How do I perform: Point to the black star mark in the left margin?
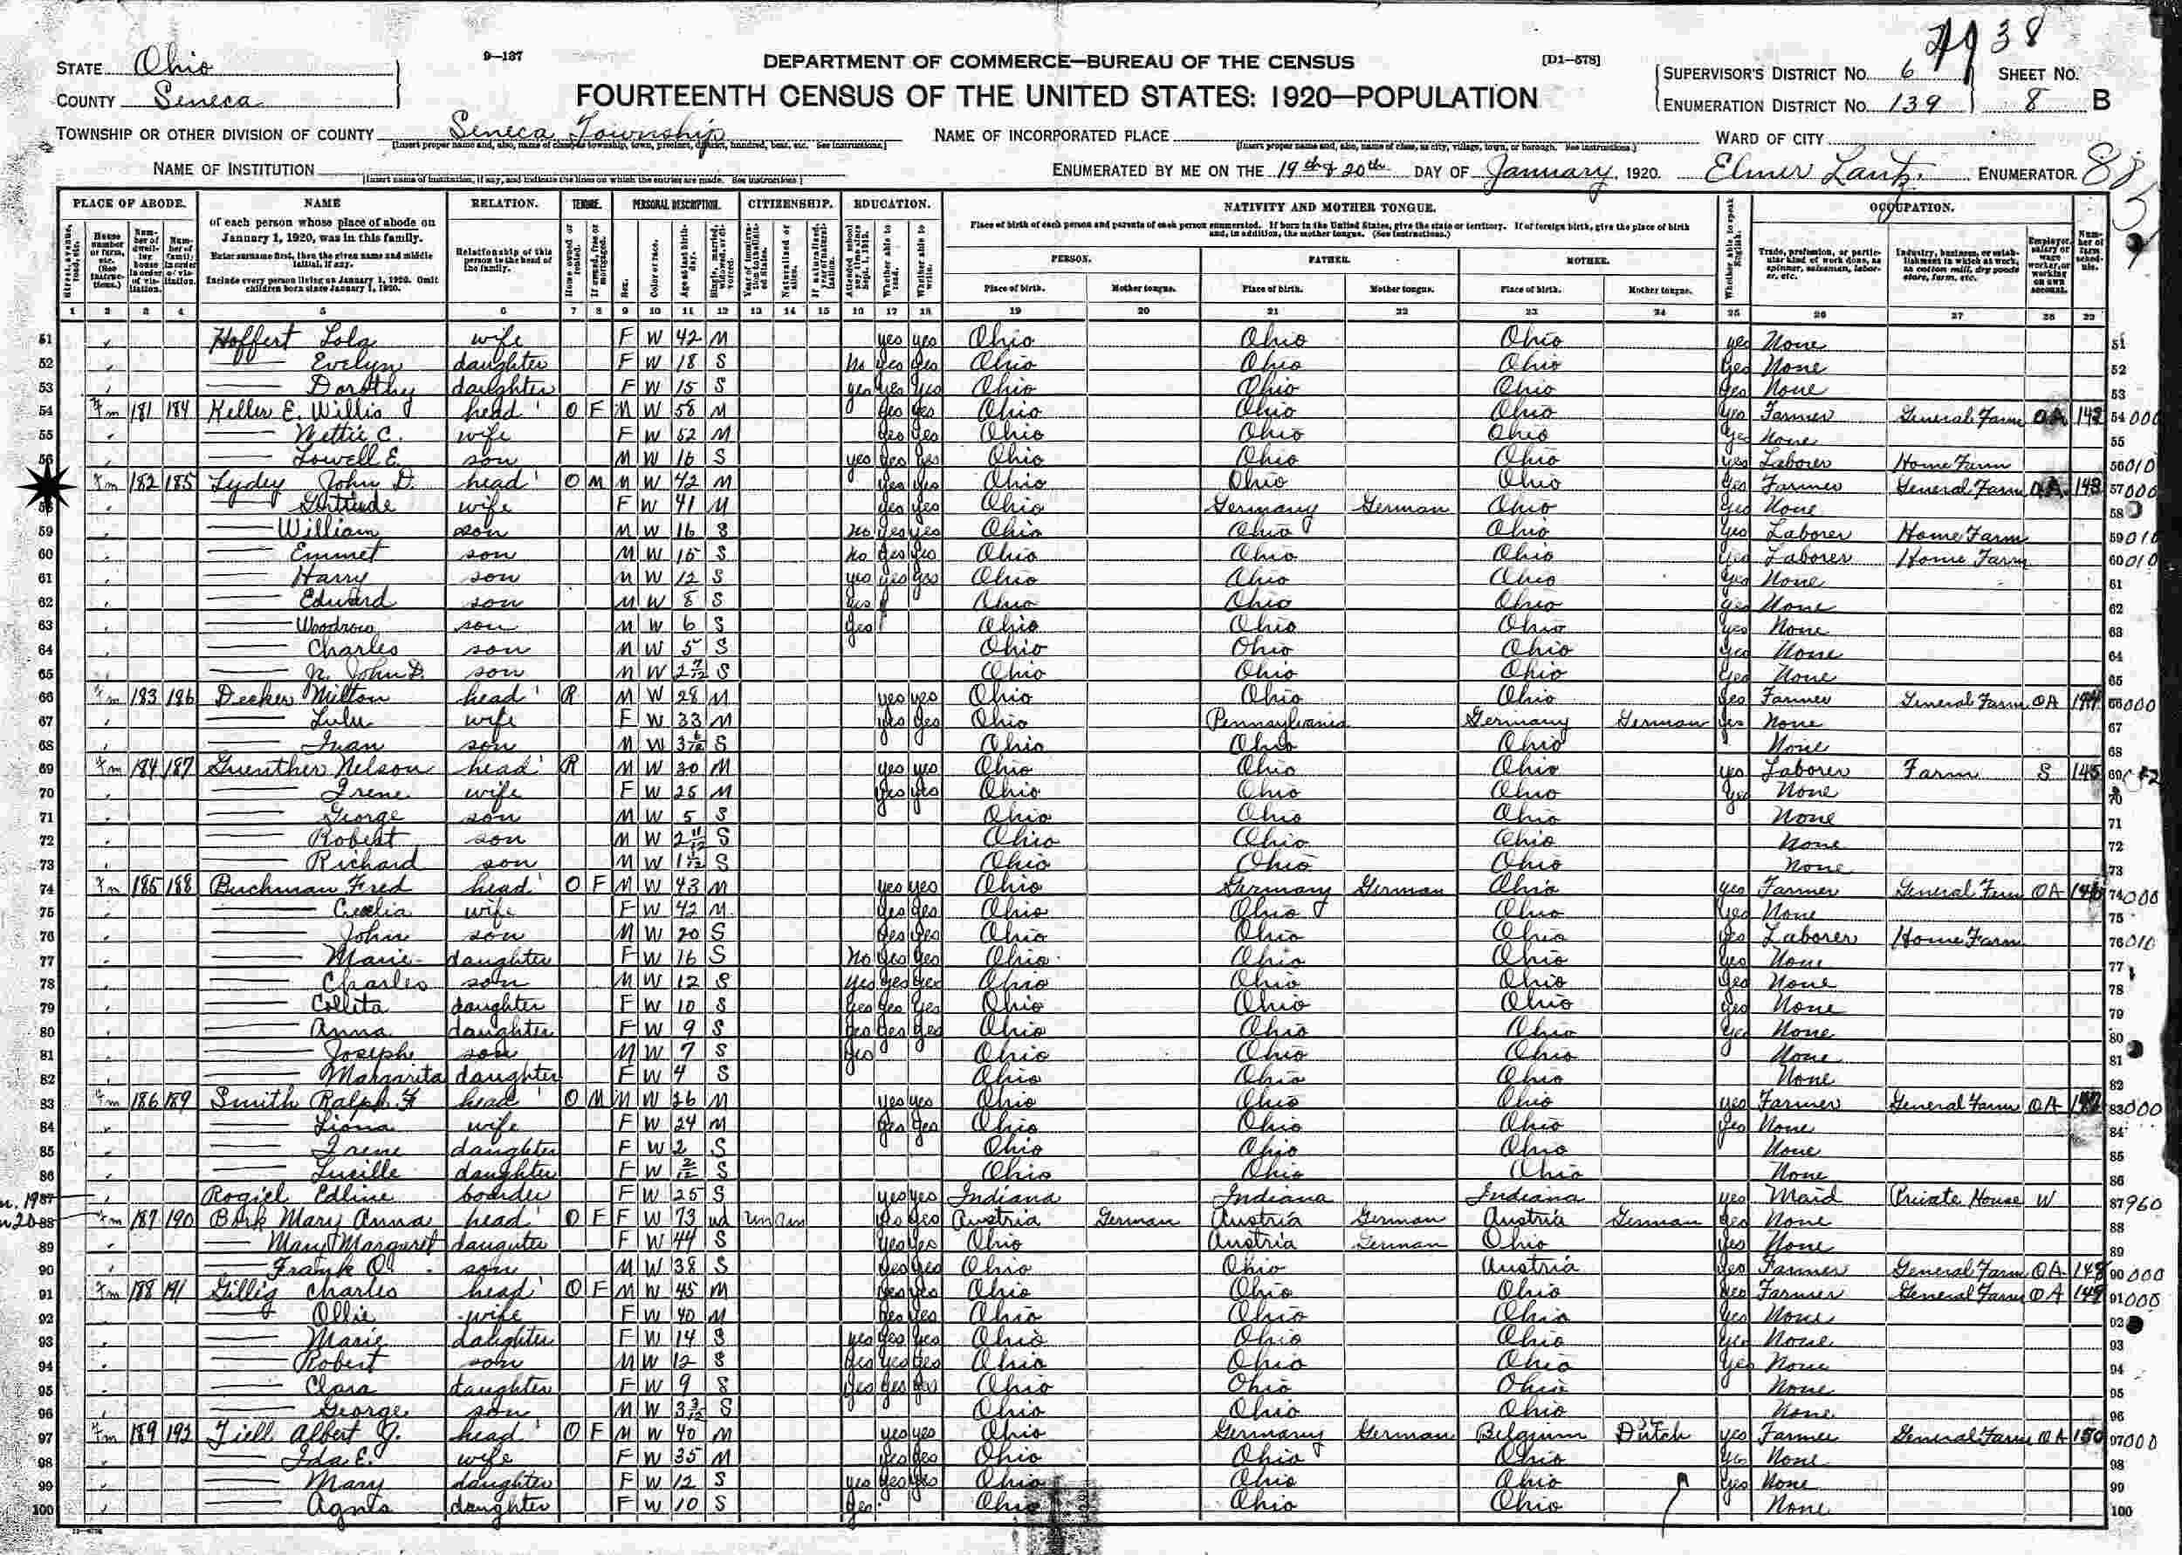tap(44, 490)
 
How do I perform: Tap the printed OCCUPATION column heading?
tap(1912, 207)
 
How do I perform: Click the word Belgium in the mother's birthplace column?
tap(1532, 1435)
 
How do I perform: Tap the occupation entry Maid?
tap(1801, 1197)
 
